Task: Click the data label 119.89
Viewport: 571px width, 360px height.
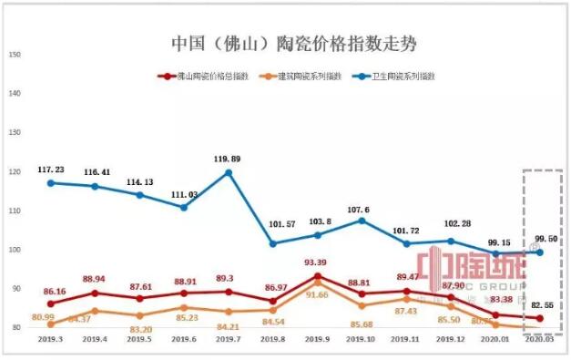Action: pyautogui.click(x=227, y=158)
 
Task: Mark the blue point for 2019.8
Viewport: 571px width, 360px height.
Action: pyautogui.click(x=273, y=243)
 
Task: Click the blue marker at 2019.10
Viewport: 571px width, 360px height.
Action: pyautogui.click(x=362, y=221)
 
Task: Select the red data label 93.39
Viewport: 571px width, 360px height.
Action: pyautogui.click(x=316, y=262)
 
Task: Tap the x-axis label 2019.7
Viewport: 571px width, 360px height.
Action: pyautogui.click(x=228, y=337)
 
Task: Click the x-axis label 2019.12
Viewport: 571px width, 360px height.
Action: pyautogui.click(x=450, y=337)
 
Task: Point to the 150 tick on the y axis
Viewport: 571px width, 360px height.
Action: pyautogui.click(x=15, y=55)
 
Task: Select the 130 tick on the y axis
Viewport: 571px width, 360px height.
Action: pyautogui.click(x=15, y=133)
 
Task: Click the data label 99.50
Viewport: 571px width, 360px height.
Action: pyautogui.click(x=546, y=238)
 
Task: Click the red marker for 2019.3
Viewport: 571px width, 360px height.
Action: pyautogui.click(x=50, y=303)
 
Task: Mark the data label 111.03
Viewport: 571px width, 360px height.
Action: pyautogui.click(x=183, y=194)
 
